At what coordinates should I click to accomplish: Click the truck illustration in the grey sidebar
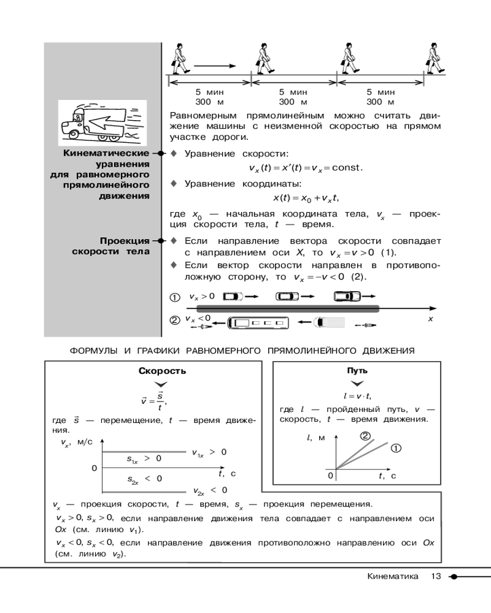tap(102, 123)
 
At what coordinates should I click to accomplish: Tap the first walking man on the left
tap(180, 59)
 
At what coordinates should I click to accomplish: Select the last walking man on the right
tap(435, 59)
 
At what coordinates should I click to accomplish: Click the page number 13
tap(436, 576)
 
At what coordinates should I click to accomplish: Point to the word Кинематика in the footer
tap(393, 576)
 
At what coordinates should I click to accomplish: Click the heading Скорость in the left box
tap(162, 371)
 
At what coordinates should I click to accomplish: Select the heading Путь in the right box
tap(357, 371)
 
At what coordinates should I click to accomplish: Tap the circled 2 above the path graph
tap(365, 436)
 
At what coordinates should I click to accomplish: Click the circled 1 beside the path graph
tap(396, 449)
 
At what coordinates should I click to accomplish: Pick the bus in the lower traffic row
tap(258, 323)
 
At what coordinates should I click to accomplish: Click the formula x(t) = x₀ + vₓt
tap(306, 198)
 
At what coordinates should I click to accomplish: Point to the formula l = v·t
tap(357, 396)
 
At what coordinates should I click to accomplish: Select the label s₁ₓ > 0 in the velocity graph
tap(144, 459)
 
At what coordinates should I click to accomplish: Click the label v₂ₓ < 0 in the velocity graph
tap(211, 490)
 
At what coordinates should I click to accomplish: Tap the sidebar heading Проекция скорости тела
tap(111, 246)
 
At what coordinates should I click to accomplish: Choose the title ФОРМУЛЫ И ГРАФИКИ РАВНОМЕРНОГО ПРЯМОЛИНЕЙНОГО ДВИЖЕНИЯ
tap(242, 351)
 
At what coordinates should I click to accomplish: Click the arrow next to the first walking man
tap(215, 66)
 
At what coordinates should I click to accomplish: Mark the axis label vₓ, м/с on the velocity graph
tap(77, 443)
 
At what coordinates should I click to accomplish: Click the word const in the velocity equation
tap(346, 168)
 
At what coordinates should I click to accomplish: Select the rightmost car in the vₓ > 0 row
tap(347, 296)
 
